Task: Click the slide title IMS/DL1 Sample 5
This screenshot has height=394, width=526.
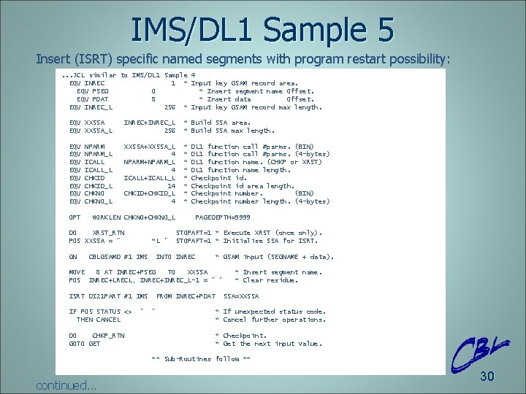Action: tap(262, 29)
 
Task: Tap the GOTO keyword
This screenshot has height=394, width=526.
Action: tap(77, 343)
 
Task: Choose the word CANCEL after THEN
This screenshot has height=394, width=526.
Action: tap(107, 320)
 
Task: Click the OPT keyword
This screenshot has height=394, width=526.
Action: tap(75, 217)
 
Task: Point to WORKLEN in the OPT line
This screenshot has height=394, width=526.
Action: tap(106, 217)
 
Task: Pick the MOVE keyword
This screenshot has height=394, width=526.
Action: tap(77, 272)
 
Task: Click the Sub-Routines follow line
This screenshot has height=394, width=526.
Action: tap(201, 359)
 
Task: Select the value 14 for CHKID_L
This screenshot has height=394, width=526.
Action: tap(171, 185)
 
